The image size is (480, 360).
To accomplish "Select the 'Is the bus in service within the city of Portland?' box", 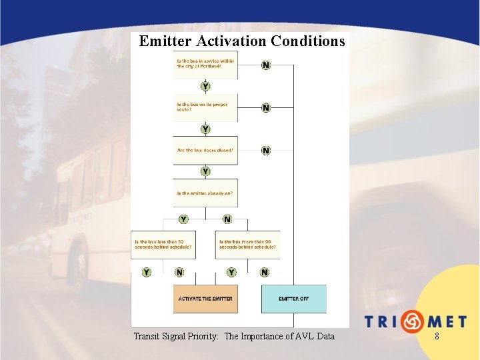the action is (205, 65).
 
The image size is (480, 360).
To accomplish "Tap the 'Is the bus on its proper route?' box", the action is (205, 107).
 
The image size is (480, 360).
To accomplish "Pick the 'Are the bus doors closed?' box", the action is (205, 151).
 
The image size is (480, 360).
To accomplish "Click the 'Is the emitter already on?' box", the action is (205, 193).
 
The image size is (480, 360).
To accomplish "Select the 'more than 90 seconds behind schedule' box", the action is (247, 244).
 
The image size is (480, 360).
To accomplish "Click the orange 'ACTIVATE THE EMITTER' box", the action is (205, 299).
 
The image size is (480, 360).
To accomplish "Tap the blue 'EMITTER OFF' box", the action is (293, 299).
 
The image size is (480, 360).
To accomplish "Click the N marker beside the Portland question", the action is (266, 65).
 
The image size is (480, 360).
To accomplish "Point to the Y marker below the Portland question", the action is (205, 87).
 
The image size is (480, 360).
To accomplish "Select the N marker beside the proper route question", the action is (266, 107).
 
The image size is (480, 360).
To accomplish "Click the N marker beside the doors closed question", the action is (266, 151).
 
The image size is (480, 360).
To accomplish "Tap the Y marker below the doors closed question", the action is (205, 171).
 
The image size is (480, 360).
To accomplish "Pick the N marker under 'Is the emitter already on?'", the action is (227, 219).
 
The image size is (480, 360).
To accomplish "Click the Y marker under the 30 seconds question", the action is (146, 272).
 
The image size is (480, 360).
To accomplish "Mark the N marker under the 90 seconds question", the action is (265, 272).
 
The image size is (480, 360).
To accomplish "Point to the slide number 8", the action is (437, 337).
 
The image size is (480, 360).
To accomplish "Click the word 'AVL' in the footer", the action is (302, 337).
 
